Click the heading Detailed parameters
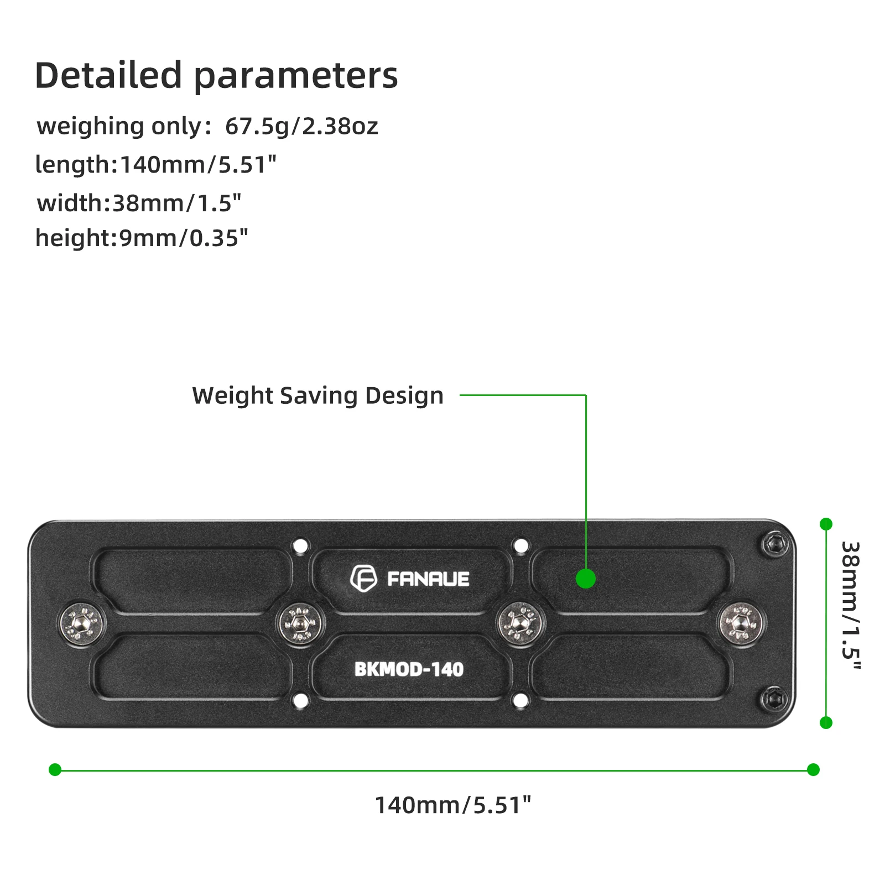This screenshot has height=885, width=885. pos(216,76)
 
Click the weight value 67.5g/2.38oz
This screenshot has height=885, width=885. pos(301,127)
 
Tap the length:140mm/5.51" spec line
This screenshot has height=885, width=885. pos(155,165)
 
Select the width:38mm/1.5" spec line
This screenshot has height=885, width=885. pos(139,204)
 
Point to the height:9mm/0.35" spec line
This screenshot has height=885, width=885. pos(142,238)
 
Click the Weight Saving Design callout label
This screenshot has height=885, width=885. pos(317,396)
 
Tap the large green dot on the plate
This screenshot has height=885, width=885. pos(585,579)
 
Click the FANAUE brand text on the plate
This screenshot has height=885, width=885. pos(428,579)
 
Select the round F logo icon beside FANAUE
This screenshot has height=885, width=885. pos(363,579)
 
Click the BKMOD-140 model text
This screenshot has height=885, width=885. pos(409,669)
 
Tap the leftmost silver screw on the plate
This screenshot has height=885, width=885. pos(81,623)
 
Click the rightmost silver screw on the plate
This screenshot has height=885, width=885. pos(740,623)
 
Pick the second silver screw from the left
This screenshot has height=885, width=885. pos(299,623)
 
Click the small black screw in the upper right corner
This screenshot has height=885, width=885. pos(775,545)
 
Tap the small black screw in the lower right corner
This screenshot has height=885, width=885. pos(775,700)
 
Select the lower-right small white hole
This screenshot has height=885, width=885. pos(520,701)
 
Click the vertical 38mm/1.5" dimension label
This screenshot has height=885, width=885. pos(850,606)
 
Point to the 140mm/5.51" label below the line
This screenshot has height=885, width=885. pos(452,805)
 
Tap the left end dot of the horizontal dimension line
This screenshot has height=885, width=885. pos(55,769)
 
